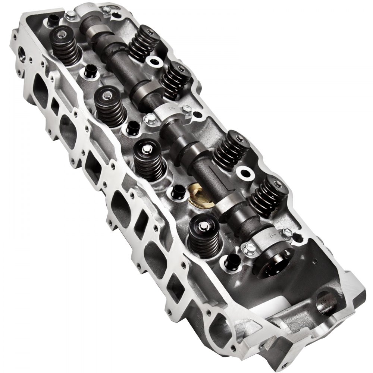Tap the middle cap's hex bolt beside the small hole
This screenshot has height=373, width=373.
[188, 109]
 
